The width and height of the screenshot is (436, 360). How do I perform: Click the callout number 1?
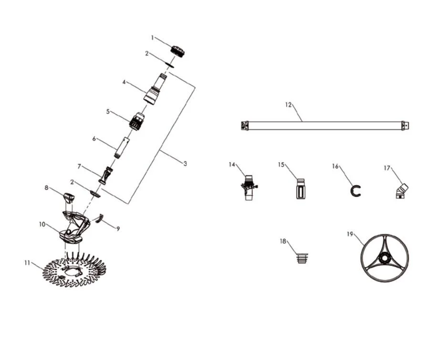(x=152, y=38)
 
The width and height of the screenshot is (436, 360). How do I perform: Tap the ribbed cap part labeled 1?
(x=177, y=51)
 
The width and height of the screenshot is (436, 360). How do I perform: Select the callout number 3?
(x=185, y=164)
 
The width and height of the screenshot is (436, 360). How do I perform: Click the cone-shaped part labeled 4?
(x=155, y=89)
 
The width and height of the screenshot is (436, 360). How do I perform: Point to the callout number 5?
(x=108, y=112)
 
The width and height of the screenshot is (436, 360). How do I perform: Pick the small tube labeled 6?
(x=122, y=148)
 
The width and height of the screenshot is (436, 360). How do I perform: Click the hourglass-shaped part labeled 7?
(x=106, y=176)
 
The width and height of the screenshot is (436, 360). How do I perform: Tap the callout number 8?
(x=46, y=188)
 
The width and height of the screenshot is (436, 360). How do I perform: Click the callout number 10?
(x=42, y=224)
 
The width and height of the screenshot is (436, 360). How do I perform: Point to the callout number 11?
(x=27, y=263)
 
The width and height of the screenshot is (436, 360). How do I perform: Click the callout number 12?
(x=288, y=105)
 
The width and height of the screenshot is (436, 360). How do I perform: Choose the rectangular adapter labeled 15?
(x=301, y=189)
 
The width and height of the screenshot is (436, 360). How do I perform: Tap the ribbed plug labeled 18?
(x=302, y=258)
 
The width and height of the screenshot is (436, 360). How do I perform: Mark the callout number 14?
(x=232, y=165)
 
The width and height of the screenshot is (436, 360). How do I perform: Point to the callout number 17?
(x=387, y=168)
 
